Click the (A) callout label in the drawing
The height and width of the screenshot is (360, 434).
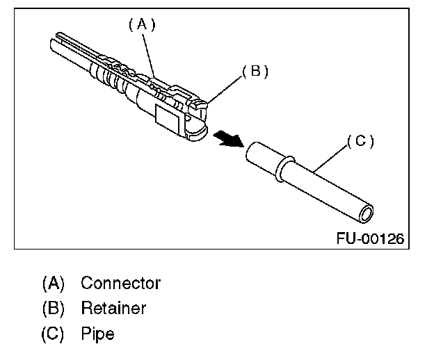point(141,24)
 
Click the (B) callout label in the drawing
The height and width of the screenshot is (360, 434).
point(255,72)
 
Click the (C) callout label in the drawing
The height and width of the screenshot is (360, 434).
point(361,141)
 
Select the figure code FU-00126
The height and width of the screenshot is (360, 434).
point(371,238)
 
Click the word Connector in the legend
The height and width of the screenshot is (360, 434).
point(120,284)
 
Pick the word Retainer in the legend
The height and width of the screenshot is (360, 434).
point(113,308)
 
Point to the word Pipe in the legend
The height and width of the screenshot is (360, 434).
point(97,333)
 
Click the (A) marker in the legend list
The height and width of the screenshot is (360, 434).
point(53,284)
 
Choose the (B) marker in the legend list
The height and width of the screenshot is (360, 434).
point(53,308)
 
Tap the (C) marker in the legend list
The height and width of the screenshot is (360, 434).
point(53,333)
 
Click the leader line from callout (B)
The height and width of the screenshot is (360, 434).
point(223,88)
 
